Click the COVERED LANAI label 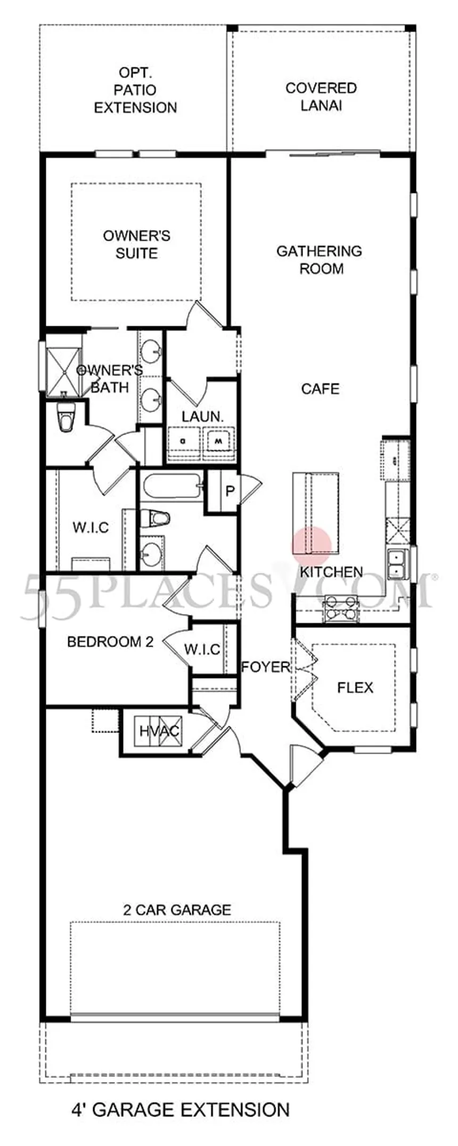point(321,96)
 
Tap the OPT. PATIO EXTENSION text point(135,91)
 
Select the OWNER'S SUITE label point(136,244)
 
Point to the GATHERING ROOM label point(319,260)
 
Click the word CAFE point(320,389)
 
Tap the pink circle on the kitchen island point(312,545)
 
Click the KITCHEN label point(331,572)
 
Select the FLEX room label point(355,688)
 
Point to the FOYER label point(266,667)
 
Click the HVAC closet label point(159,731)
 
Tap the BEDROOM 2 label point(110,642)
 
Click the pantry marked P point(230,491)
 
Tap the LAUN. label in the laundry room point(202,417)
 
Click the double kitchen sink point(396,564)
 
